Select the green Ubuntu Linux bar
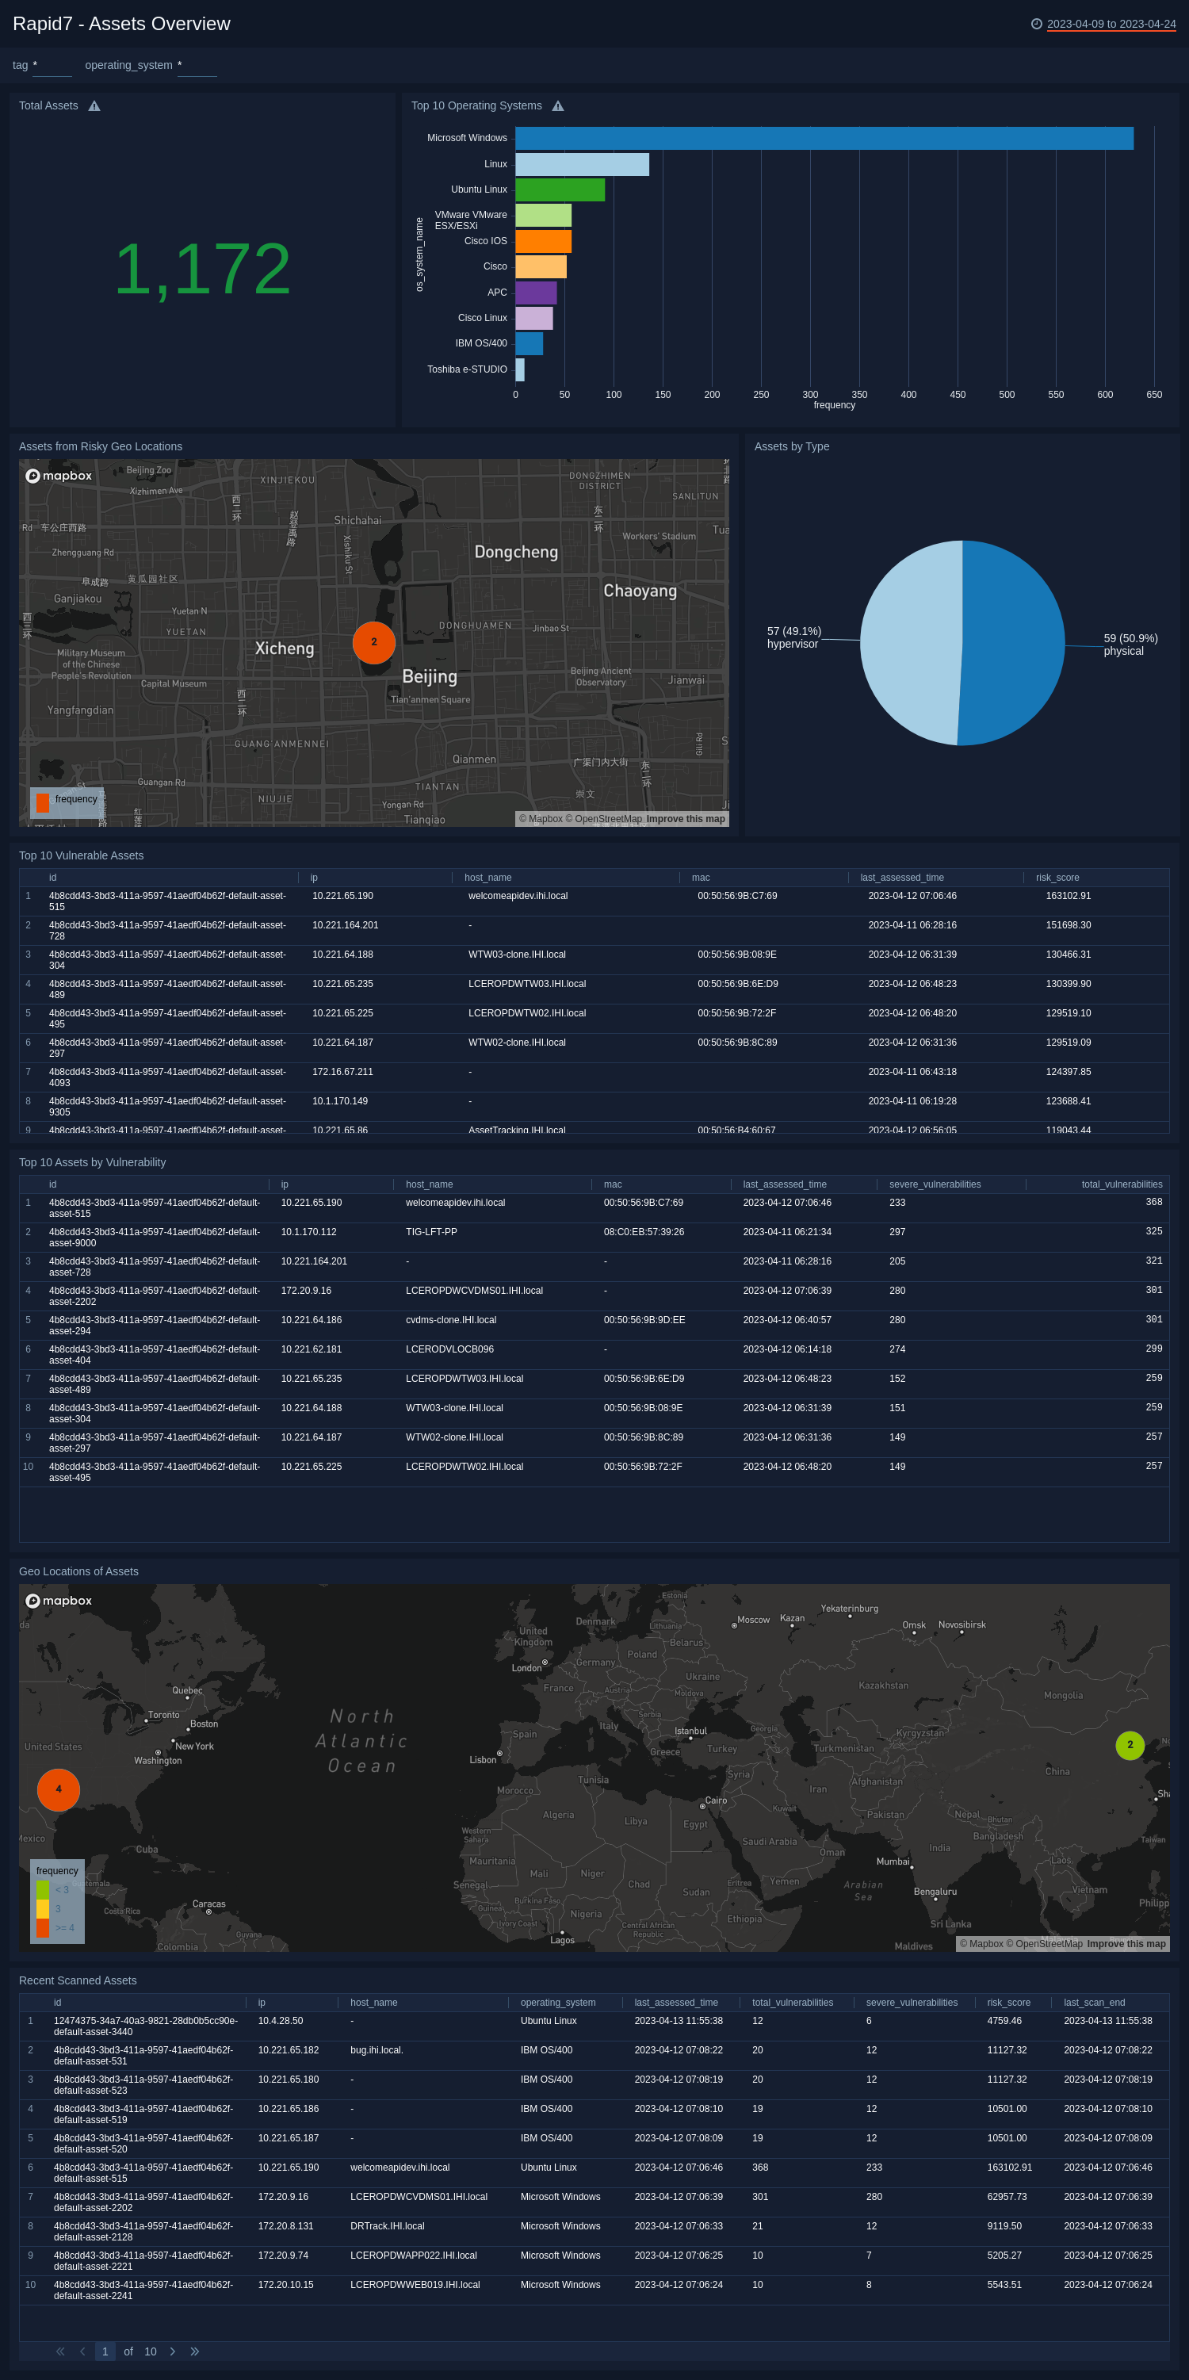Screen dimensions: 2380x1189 coord(560,189)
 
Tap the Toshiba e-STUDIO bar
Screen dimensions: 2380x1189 coord(520,369)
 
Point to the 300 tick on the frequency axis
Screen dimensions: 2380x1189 coord(810,395)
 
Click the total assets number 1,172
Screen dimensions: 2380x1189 coord(202,269)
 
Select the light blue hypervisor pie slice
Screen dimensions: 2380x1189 coord(910,642)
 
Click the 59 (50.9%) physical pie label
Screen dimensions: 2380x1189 coord(1130,644)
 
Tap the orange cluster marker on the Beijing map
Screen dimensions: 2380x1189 coord(374,642)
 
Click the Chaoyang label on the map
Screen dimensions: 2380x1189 coord(640,591)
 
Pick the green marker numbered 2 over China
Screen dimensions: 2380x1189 coord(1130,1745)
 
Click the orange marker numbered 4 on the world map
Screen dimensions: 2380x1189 coord(58,1789)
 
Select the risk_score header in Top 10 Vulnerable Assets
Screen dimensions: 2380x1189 coord(1057,878)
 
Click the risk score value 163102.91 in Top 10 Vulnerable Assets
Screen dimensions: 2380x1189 coord(1068,896)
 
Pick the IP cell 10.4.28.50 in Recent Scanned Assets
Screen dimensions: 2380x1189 coord(281,2021)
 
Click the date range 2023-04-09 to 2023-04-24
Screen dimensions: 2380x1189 coord(1111,24)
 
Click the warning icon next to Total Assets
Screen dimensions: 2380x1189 coord(94,106)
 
